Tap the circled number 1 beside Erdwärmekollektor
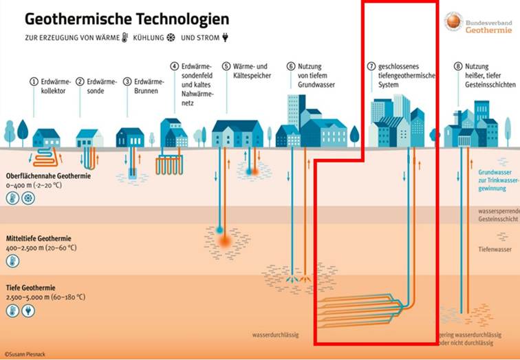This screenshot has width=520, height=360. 32,81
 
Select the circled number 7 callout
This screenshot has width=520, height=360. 371,67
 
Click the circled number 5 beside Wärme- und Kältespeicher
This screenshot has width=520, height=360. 226,66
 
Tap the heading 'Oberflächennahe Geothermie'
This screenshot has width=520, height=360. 48,176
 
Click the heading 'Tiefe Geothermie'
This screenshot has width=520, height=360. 32,288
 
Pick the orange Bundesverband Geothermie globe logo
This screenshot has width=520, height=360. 453,21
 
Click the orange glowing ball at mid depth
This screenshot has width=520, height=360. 225,241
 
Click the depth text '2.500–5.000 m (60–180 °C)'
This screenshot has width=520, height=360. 46,297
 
